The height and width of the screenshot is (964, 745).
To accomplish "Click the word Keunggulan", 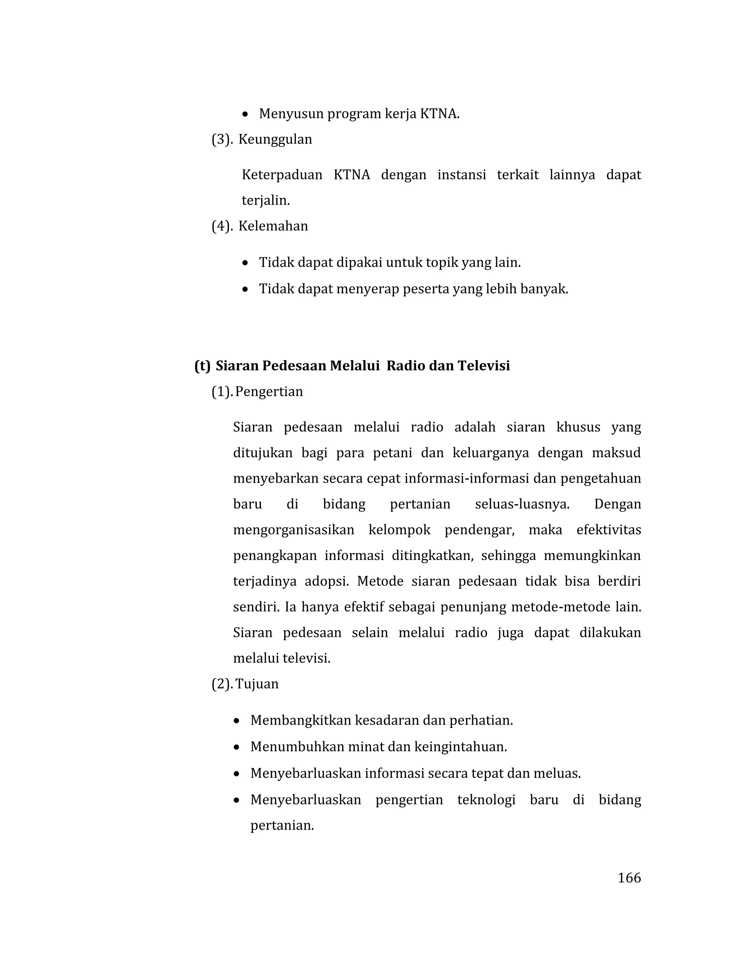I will point(275,139).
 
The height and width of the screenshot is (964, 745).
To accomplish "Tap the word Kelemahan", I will point(273,226).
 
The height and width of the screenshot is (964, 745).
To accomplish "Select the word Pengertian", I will point(269,391).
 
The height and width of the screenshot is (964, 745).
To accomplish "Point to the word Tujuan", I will point(257,684).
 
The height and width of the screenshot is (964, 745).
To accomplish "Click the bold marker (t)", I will point(202,366).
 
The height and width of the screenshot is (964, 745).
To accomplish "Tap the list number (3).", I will point(222,139).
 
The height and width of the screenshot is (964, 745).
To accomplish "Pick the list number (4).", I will point(222,226).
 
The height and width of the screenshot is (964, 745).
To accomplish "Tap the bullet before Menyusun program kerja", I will point(246,115).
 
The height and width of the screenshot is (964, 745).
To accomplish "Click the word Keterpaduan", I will point(282,175).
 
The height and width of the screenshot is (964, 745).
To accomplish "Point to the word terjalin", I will point(266,201).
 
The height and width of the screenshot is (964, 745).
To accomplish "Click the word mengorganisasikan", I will point(294,530).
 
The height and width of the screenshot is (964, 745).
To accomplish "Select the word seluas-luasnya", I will point(522,504).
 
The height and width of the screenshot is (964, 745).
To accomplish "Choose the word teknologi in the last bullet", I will point(486,800).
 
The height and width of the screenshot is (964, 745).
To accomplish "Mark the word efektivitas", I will point(609,530).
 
